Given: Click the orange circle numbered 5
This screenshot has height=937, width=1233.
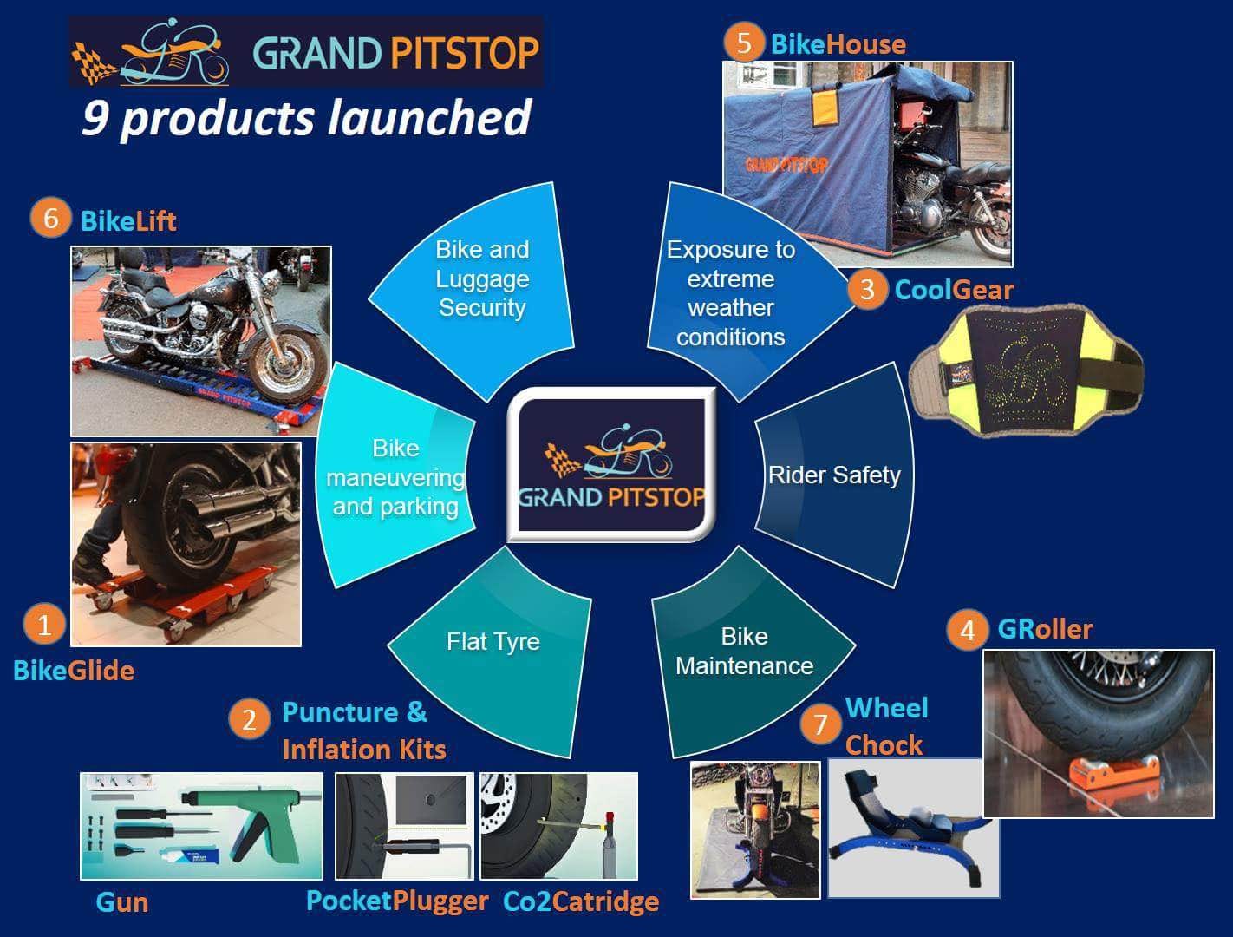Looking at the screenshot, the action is [x=744, y=43].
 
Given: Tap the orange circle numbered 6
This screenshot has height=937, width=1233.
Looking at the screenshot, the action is [x=50, y=218].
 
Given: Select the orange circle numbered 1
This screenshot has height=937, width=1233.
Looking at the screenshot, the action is [x=44, y=624].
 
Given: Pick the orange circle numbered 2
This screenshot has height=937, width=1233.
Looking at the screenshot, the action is [x=249, y=719].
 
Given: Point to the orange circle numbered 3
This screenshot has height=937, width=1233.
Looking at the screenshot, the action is [x=867, y=289].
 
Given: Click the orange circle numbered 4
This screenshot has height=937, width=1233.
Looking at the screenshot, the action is [x=968, y=630].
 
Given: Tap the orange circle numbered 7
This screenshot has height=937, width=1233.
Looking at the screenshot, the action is [x=820, y=724].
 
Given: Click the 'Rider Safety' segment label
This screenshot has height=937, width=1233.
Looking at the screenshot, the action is [x=834, y=475].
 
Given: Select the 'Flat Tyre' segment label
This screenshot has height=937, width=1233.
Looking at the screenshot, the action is [x=493, y=641].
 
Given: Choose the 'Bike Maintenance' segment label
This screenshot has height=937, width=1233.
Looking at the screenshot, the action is [x=744, y=651].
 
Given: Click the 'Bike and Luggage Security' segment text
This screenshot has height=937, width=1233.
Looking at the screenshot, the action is [x=482, y=278].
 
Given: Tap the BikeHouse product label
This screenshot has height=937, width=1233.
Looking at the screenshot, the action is [x=838, y=44].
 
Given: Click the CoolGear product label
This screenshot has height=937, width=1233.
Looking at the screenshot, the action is [x=954, y=290].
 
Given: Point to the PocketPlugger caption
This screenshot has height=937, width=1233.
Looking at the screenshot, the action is [x=397, y=901].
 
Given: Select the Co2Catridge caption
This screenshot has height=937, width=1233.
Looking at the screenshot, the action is [x=581, y=901].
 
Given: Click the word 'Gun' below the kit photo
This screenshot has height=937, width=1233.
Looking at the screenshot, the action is [x=122, y=902].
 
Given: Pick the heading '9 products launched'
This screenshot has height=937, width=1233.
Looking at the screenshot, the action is [x=307, y=119].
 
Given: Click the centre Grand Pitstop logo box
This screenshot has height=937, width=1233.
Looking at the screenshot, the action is [x=611, y=465].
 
